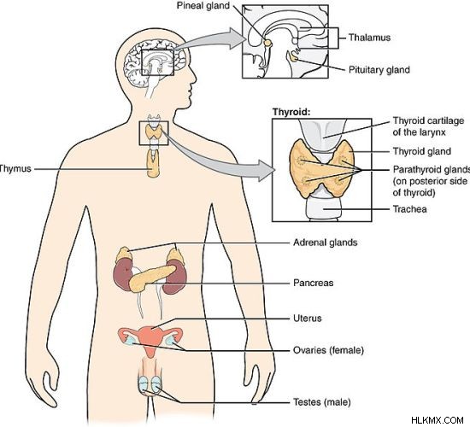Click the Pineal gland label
coord(203,5)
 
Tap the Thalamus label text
coord(369,38)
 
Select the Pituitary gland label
coord(379,70)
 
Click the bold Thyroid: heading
coord(291,112)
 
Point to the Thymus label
coord(15,168)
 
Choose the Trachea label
coord(409,209)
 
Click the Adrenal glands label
coord(326,243)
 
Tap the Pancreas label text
coord(314,283)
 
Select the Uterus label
coord(308,318)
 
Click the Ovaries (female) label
coord(328,350)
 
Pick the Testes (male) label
coord(321,402)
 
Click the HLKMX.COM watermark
coord(438,420)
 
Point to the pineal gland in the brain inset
coord(267,43)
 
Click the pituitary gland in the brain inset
coord(292,57)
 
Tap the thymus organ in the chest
coord(153,164)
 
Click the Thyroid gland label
coord(422,151)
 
